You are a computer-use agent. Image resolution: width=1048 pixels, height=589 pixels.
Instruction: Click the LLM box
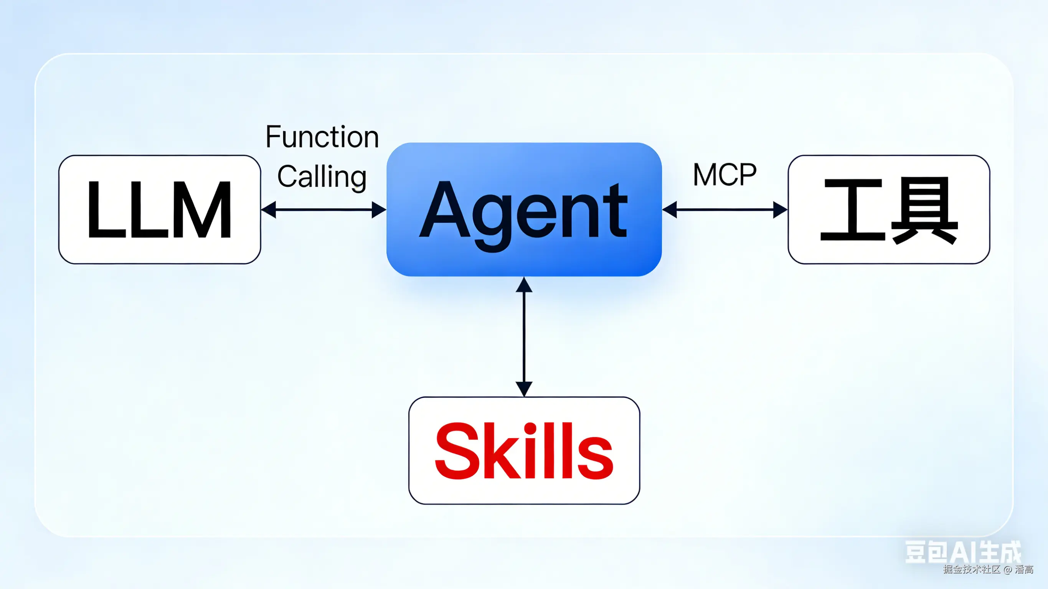(x=160, y=210)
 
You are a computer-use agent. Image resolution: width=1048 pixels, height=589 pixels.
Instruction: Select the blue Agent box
(x=524, y=209)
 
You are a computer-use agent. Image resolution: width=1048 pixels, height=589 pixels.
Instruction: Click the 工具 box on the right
(x=888, y=210)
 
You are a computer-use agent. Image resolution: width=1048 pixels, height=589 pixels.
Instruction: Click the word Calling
(x=322, y=177)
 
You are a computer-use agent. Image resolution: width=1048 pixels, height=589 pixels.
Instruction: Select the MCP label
(x=725, y=175)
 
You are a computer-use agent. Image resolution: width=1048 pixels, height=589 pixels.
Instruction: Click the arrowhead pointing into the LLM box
(x=269, y=210)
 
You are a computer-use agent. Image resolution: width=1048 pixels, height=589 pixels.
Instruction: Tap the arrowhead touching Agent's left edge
(x=379, y=210)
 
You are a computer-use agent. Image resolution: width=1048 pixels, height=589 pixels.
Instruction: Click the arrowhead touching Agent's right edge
(x=670, y=210)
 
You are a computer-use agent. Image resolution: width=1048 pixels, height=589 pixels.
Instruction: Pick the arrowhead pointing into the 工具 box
(x=780, y=210)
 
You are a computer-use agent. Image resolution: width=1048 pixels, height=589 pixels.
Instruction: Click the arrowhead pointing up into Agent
(x=524, y=285)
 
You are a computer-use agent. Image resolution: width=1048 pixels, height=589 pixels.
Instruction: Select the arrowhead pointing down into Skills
(x=524, y=389)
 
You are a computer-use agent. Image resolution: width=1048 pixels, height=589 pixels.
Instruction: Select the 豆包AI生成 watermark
(x=962, y=552)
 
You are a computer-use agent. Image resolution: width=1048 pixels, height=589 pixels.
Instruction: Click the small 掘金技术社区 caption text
(x=972, y=569)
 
